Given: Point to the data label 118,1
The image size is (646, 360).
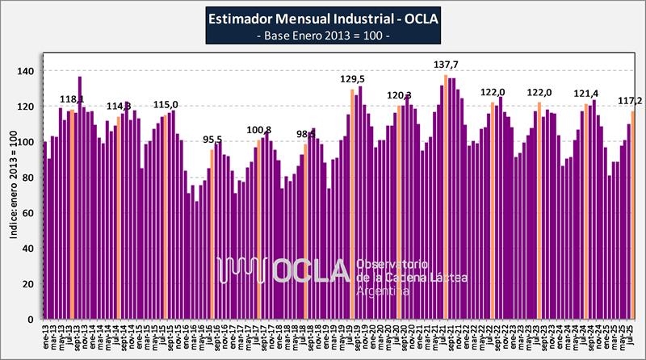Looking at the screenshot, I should (73, 100).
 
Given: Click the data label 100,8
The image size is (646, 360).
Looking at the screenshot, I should (259, 130).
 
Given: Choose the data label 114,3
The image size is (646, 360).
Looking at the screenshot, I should (119, 107).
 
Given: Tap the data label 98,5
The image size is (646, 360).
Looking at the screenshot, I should (306, 134).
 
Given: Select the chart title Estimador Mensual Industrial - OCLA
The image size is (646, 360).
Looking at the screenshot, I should (323, 19).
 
